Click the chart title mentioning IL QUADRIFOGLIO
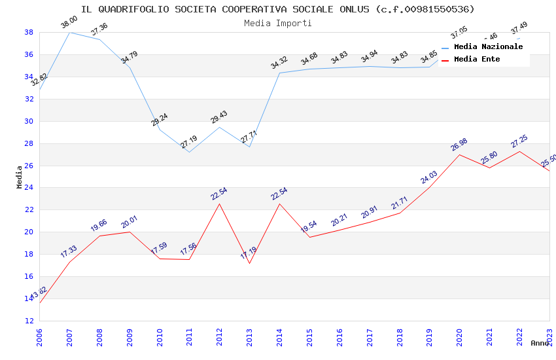(x=278, y=9)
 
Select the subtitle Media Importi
(x=278, y=23)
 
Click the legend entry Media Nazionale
(x=488, y=47)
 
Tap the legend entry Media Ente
(x=477, y=60)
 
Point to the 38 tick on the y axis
(x=29, y=32)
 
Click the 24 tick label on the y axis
(x=29, y=188)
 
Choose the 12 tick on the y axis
(x=29, y=321)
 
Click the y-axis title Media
(x=20, y=177)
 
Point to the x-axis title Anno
(x=540, y=343)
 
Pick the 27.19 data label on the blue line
(x=188, y=141)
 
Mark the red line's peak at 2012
(x=219, y=204)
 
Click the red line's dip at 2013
(x=249, y=263)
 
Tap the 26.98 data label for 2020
(x=459, y=144)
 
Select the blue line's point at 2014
(x=279, y=73)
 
